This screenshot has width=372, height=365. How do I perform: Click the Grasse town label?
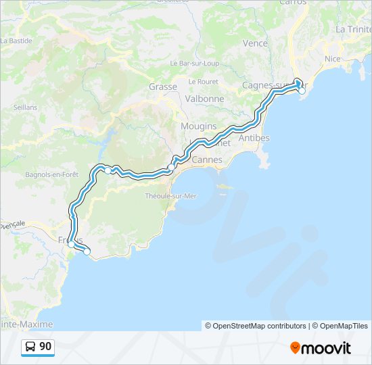[163, 87]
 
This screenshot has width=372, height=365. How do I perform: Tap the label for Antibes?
[254, 138]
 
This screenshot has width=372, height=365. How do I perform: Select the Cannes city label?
[207, 160]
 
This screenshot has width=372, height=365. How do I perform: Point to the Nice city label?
[332, 59]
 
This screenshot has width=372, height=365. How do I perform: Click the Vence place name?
[255, 43]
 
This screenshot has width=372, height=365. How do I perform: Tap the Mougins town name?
[198, 126]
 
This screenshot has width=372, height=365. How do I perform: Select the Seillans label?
[25, 107]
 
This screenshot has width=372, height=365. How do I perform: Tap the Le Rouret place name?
[203, 81]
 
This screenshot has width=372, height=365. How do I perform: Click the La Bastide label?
[16, 41]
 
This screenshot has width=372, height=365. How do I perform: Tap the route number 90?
[45, 347]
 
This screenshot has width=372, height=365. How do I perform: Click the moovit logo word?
[327, 348]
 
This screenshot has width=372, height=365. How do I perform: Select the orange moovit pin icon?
[296, 348]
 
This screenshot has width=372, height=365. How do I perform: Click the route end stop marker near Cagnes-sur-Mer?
[302, 90]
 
